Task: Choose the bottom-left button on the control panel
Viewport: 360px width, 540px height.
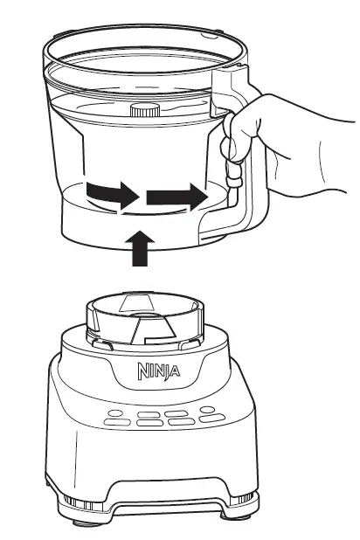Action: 114,424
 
